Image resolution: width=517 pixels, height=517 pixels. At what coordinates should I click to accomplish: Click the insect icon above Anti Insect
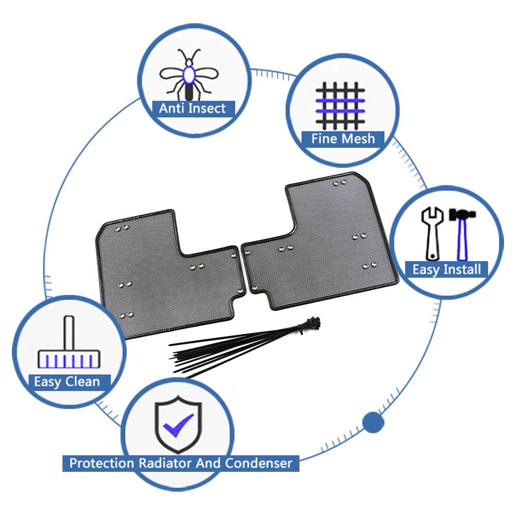pos(189,74)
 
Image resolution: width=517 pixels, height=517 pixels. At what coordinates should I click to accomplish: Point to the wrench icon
pos(432,234)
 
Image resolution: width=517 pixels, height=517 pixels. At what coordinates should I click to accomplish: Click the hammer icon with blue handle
pos(462,234)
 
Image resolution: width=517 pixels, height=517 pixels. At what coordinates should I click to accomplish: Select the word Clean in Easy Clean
pos(82,382)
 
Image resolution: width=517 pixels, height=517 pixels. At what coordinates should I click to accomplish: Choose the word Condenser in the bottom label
pos(259,463)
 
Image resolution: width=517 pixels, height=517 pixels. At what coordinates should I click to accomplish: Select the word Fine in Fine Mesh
pos(324,139)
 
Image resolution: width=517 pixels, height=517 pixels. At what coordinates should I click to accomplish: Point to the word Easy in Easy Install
pos(426,270)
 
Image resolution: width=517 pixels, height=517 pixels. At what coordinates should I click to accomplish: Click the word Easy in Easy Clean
pos(48,382)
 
